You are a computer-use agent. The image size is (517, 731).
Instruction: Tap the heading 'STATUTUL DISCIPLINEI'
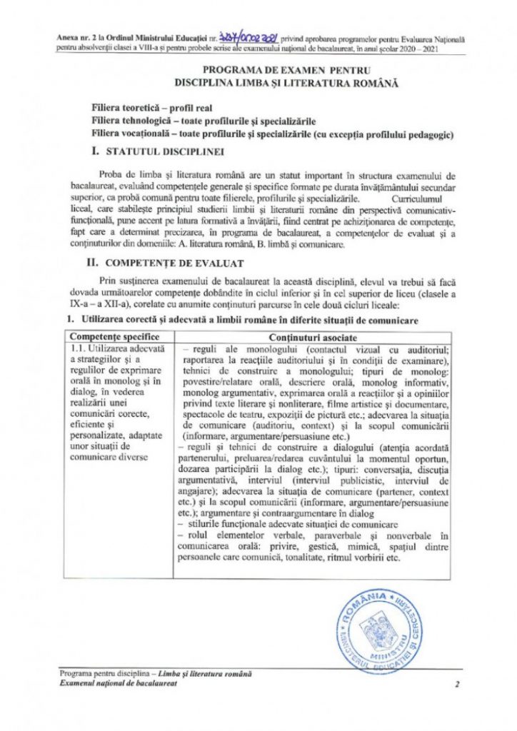tap(165, 152)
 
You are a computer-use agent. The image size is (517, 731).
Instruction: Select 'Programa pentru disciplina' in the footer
tap(101, 673)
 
